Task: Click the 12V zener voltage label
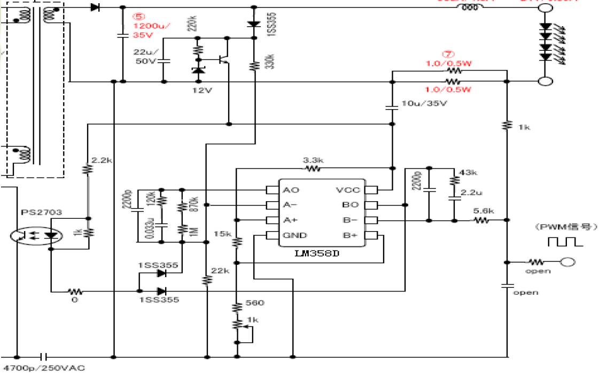pos(202,90)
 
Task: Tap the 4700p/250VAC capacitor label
pos(44,368)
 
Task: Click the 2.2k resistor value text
pos(102,159)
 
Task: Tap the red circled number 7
pos(447,54)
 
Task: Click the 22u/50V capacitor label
pos(144,57)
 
